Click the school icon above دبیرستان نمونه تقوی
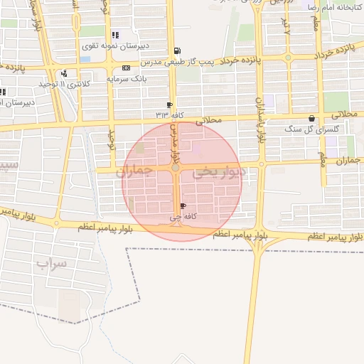(115, 34)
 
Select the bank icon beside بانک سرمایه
(126, 68)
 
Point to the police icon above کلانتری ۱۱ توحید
(65, 73)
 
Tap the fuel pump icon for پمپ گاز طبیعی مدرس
(176, 50)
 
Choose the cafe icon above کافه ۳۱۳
(169, 105)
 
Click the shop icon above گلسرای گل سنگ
(311, 119)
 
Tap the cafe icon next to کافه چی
(184, 206)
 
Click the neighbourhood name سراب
(50, 264)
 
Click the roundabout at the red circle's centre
(176, 168)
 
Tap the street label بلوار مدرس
(173, 142)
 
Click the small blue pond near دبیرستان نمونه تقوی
(85, 59)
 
